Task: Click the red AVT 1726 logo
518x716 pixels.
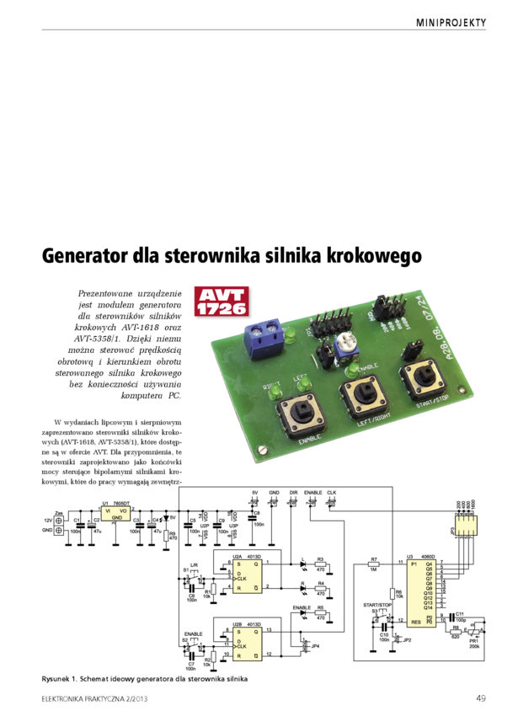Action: coord(220,302)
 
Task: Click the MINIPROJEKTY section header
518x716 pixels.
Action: coord(451,23)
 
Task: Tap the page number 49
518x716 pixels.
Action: coord(480,697)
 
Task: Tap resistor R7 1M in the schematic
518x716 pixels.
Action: coord(374,564)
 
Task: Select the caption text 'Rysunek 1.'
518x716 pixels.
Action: coord(62,678)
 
